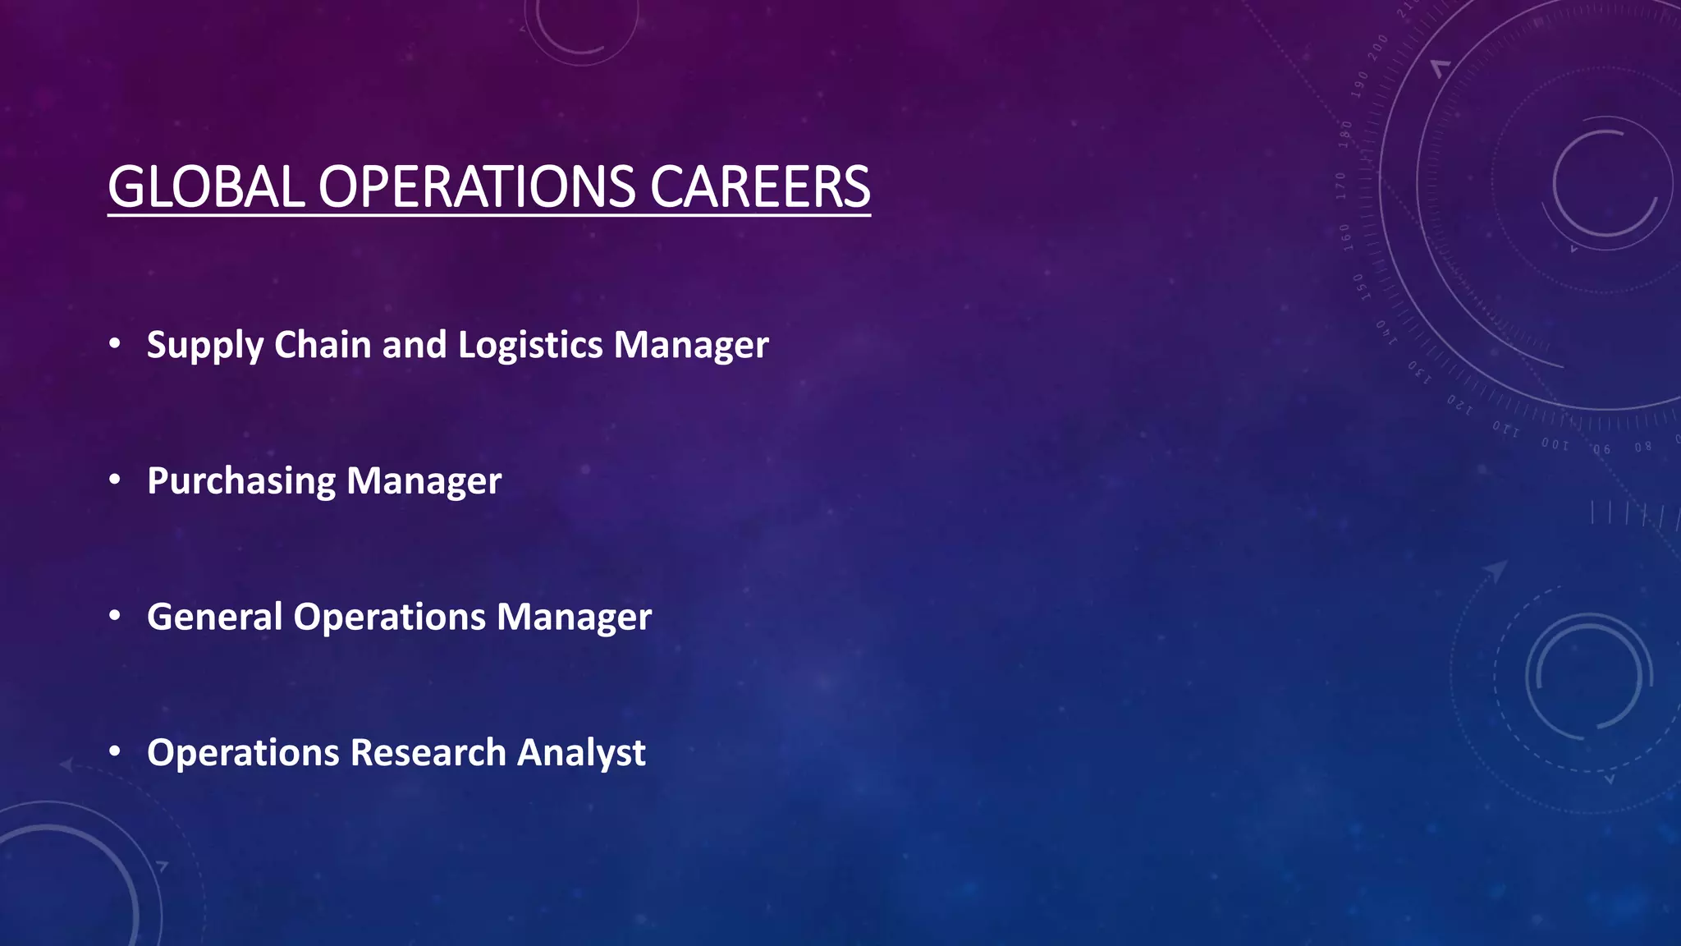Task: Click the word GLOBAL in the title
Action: pyautogui.click(x=206, y=186)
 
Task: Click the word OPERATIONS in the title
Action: pyautogui.click(x=476, y=186)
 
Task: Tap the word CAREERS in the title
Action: pyautogui.click(x=760, y=186)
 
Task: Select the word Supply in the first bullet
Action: pyautogui.click(x=204, y=345)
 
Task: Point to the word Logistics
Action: pyautogui.click(x=530, y=345)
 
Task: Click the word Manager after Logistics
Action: pyautogui.click(x=691, y=345)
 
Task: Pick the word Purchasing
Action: pyautogui.click(x=241, y=481)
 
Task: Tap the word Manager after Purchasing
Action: pyautogui.click(x=424, y=481)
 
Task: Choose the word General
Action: pyautogui.click(x=214, y=617)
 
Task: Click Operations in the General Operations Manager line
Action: pyautogui.click(x=390, y=617)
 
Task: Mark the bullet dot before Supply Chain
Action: pyautogui.click(x=115, y=343)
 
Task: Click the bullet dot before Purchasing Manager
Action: pyautogui.click(x=115, y=479)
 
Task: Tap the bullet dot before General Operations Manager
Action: pyautogui.click(x=115, y=615)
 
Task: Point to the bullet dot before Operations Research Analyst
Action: pyautogui.click(x=115, y=751)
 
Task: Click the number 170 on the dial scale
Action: pyautogui.click(x=1341, y=186)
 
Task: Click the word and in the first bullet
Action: pyautogui.click(x=414, y=344)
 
